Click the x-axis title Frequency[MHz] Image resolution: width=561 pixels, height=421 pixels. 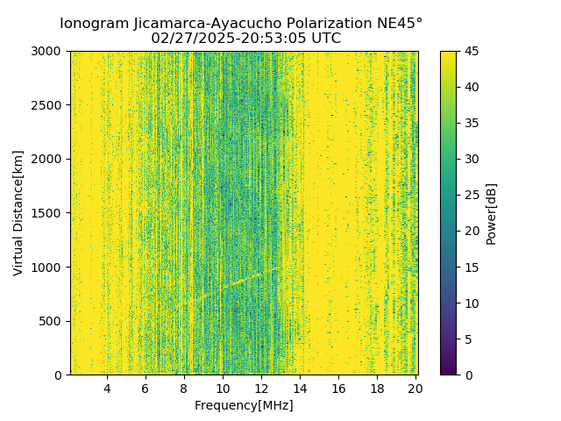click(x=244, y=405)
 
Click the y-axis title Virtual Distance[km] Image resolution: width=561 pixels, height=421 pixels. click(x=18, y=213)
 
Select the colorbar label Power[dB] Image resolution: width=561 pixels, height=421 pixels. click(x=492, y=213)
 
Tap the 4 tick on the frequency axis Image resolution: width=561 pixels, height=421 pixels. click(x=107, y=388)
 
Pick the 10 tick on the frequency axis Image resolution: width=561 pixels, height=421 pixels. click(x=223, y=388)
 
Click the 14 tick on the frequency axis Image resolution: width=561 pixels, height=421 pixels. click(x=300, y=388)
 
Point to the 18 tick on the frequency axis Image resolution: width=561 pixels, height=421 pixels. click(x=377, y=388)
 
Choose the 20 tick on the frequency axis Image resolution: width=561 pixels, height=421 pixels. click(x=415, y=388)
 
